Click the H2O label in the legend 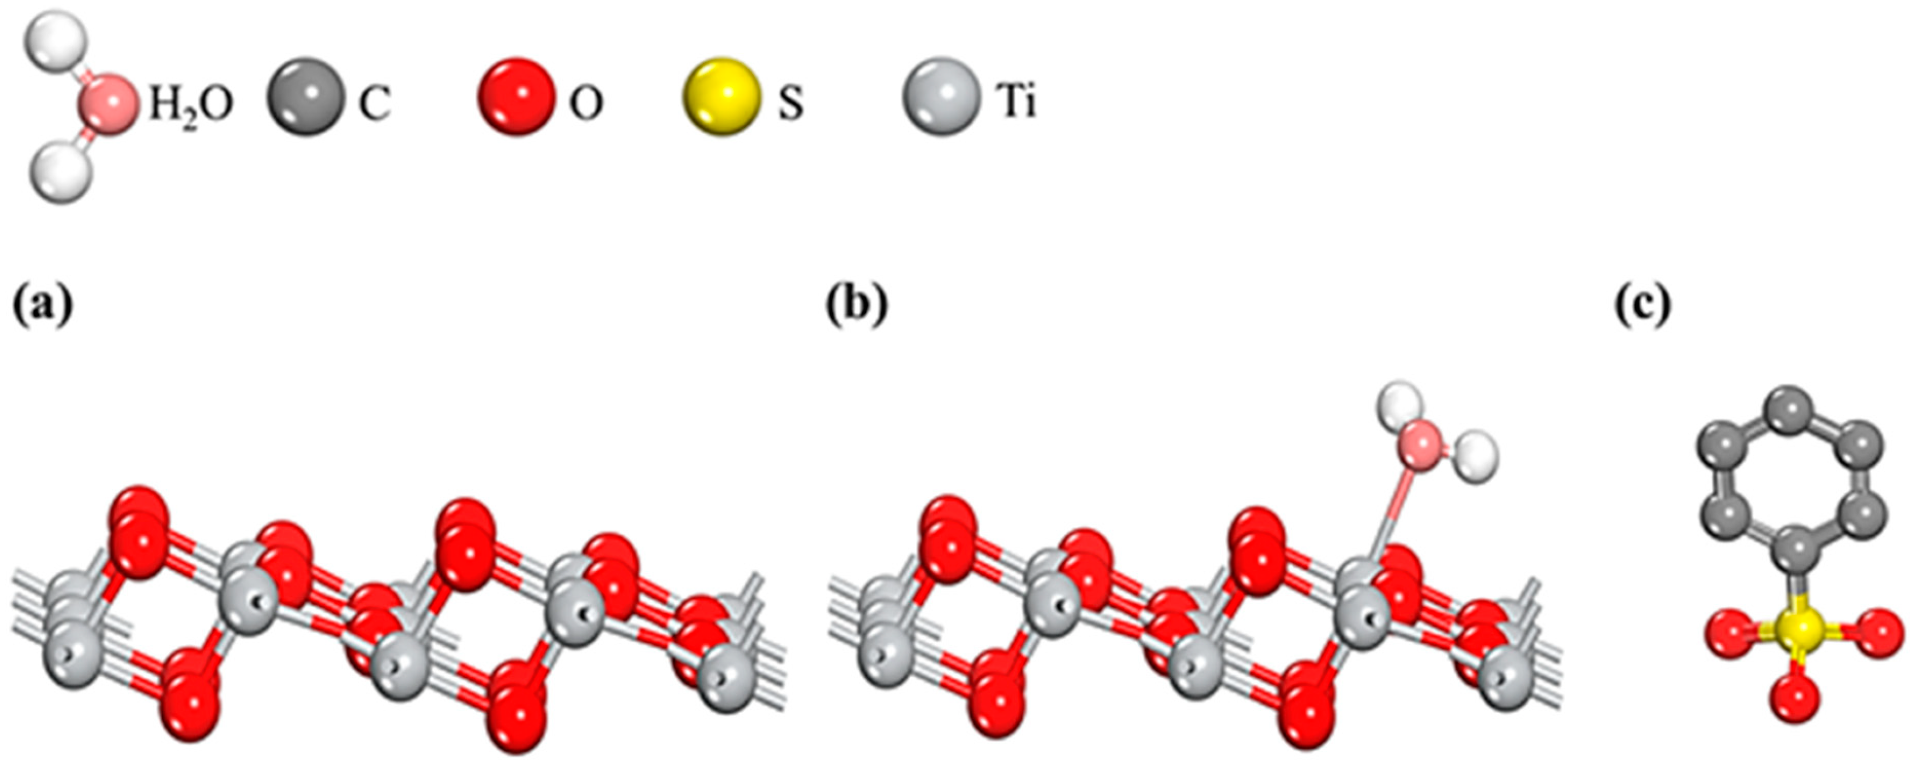[x=191, y=105]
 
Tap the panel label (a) [x=43, y=305]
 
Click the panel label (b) [x=857, y=305]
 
